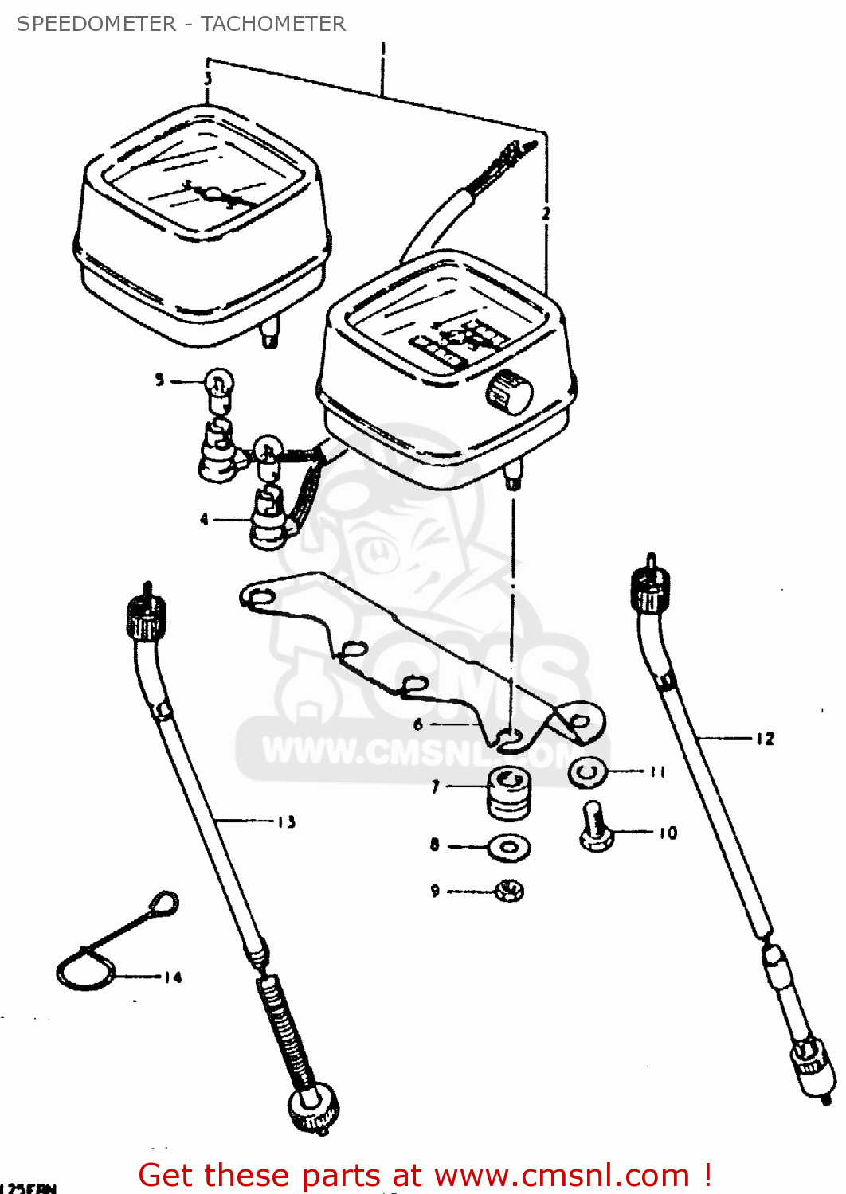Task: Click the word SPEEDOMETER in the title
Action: click(96, 24)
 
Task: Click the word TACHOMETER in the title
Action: click(273, 24)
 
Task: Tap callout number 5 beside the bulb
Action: click(159, 380)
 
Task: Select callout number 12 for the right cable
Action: click(765, 739)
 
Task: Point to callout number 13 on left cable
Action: click(286, 822)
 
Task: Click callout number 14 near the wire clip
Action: click(173, 977)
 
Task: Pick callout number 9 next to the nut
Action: click(435, 891)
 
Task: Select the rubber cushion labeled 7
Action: click(508, 792)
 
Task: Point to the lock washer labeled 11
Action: click(588, 771)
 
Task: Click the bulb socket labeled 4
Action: click(268, 521)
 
